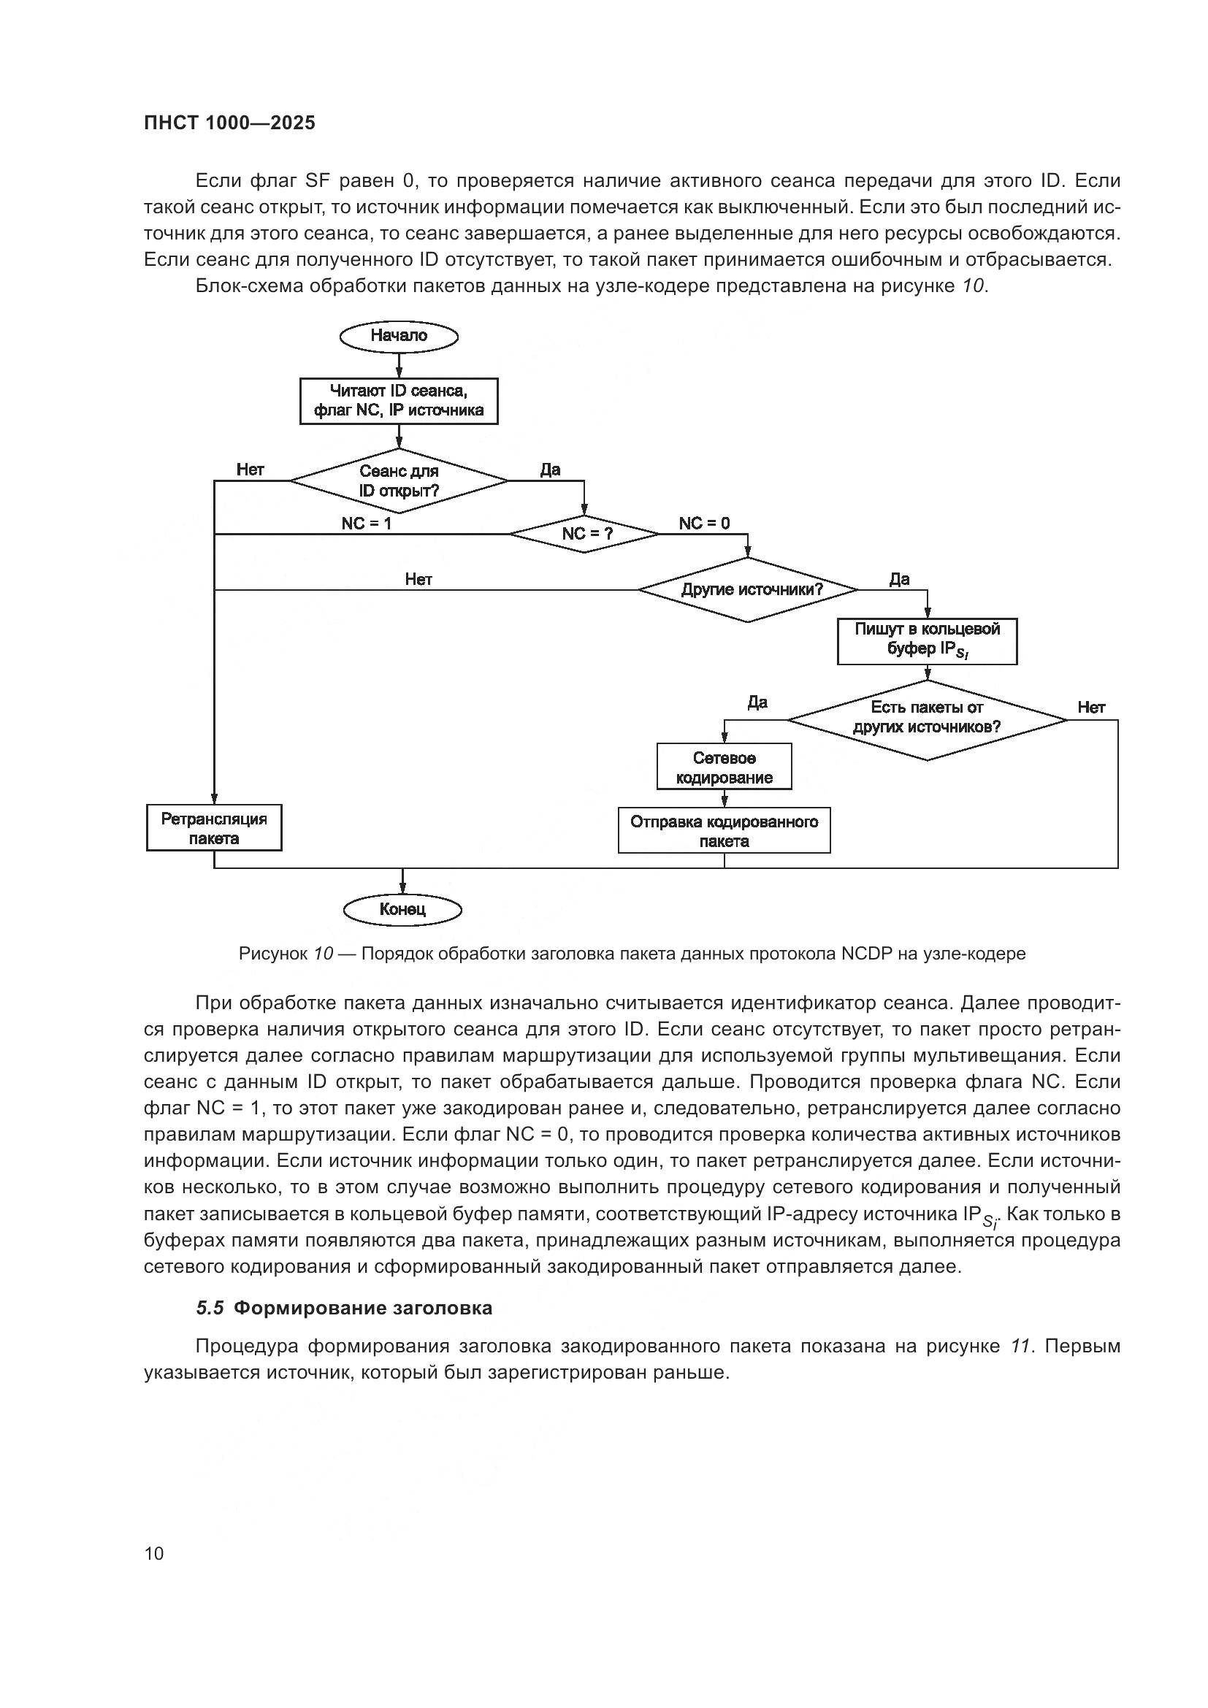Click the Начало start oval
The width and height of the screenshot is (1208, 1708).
pyautogui.click(x=399, y=336)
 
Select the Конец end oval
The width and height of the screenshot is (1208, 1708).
pyautogui.click(x=402, y=909)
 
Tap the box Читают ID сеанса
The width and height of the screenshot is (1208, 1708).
pyautogui.click(x=399, y=401)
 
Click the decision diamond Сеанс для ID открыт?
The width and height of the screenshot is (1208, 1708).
pyautogui.click(x=399, y=480)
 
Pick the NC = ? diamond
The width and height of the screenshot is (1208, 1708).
pyautogui.click(x=584, y=534)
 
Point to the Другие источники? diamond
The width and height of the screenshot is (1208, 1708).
pyautogui.click(x=749, y=590)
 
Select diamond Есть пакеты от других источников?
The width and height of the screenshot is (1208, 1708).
pyautogui.click(x=927, y=719)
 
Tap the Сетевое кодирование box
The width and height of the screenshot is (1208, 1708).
pyautogui.click(x=724, y=767)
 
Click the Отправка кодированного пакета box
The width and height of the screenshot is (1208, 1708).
pyautogui.click(x=724, y=831)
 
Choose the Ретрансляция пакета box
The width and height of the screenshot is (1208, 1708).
pyautogui.click(x=214, y=828)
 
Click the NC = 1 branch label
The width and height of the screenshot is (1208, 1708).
pyautogui.click(x=366, y=524)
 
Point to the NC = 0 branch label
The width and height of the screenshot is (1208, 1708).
pyautogui.click(x=703, y=524)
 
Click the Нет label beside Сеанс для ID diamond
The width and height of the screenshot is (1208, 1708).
pyautogui.click(x=250, y=470)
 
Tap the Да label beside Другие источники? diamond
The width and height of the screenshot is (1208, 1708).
pyautogui.click(x=899, y=579)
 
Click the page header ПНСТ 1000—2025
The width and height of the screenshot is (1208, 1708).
pyautogui.click(x=229, y=123)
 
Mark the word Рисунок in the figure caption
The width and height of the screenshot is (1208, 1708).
pyautogui.click(x=272, y=954)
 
